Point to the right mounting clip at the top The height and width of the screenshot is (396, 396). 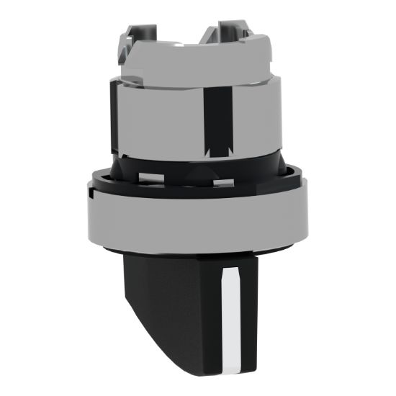230,32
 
